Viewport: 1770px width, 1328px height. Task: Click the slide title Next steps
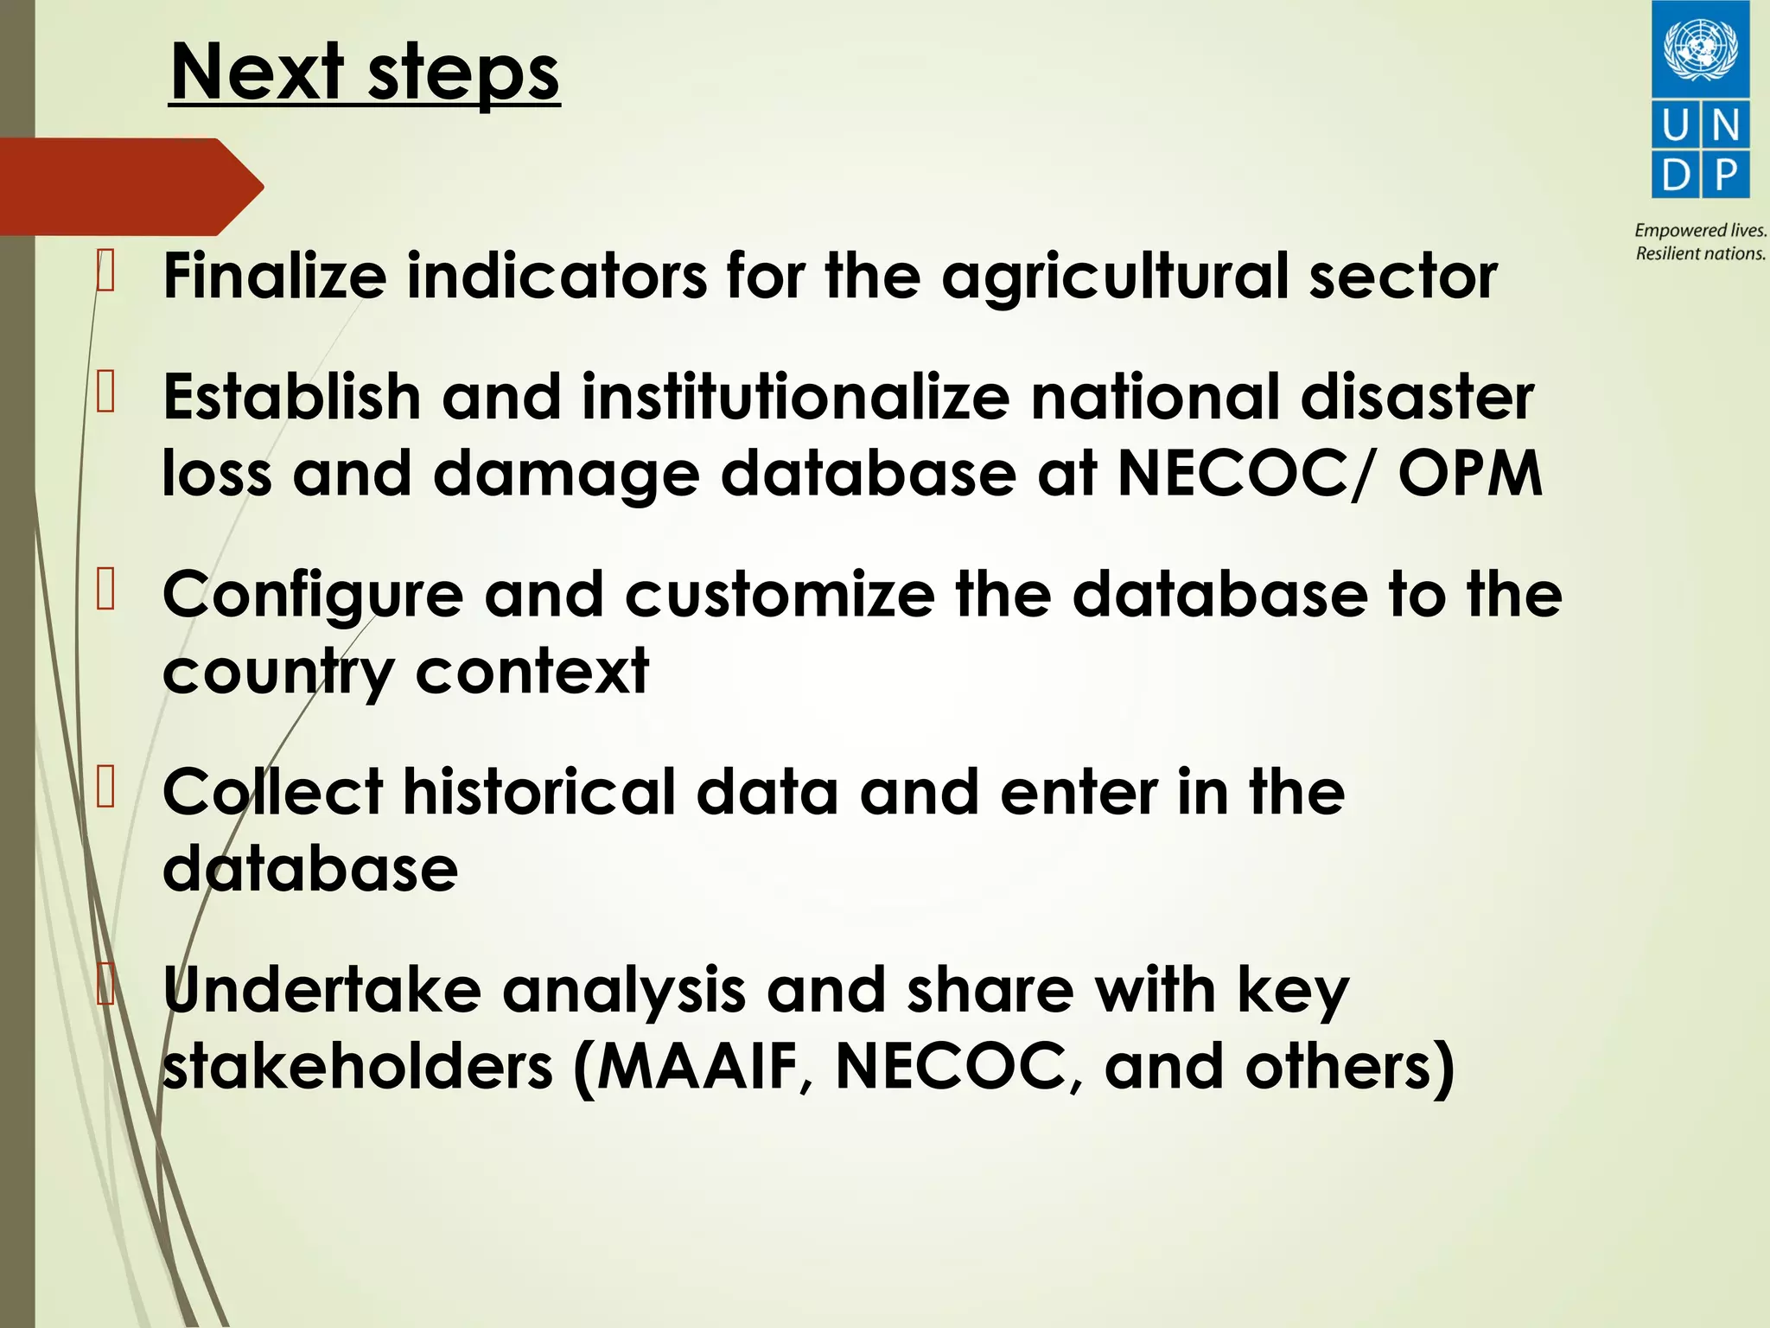click(365, 73)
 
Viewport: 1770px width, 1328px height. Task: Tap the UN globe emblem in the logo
click(1700, 48)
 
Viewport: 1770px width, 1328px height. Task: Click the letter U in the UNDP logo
click(1675, 126)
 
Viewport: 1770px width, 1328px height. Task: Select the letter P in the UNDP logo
click(1726, 176)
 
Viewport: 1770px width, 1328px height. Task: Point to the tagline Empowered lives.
click(1700, 230)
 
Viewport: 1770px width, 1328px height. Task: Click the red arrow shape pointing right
click(130, 186)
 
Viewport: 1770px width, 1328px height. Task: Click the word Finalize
click(275, 276)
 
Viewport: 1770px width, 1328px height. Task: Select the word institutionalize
click(795, 397)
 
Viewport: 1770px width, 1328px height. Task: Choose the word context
click(532, 671)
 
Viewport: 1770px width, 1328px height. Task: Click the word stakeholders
click(358, 1066)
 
